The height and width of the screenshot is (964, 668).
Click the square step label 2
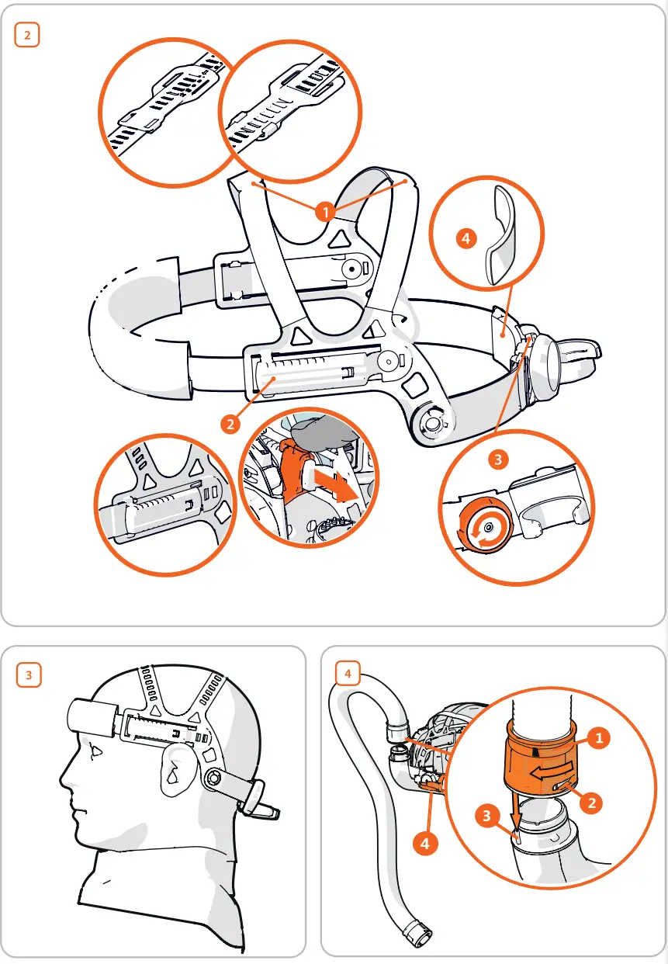tap(28, 35)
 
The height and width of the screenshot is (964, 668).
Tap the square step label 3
tap(28, 674)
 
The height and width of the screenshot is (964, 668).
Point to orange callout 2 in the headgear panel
tap(230, 424)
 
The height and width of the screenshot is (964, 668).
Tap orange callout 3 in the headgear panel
tap(498, 459)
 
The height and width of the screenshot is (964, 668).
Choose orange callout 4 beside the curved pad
tap(466, 239)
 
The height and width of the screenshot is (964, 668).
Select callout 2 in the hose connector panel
tap(592, 802)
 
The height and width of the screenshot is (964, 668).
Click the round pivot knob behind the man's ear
tap(214, 777)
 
